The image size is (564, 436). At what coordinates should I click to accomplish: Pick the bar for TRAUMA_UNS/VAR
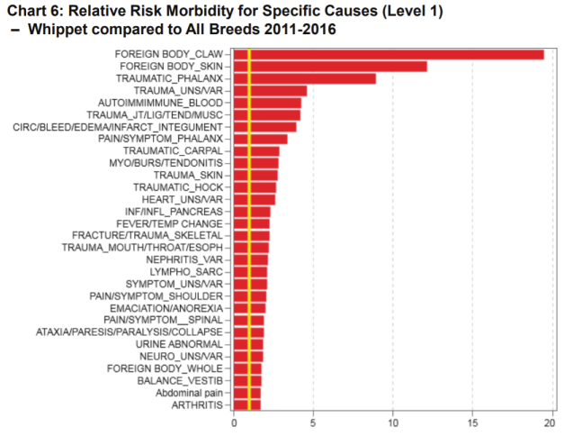[270, 91]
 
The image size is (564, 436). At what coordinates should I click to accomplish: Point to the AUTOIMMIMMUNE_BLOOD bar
[267, 103]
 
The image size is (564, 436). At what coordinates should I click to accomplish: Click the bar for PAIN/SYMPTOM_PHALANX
[260, 139]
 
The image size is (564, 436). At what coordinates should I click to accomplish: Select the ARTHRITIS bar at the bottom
[246, 405]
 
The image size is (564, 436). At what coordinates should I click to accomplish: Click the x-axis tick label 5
[313, 422]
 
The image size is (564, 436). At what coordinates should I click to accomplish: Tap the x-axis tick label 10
[393, 422]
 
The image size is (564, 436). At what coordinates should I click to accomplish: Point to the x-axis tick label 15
[472, 422]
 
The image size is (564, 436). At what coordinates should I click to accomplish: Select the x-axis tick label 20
[551, 422]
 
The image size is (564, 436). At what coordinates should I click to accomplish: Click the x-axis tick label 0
[234, 422]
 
